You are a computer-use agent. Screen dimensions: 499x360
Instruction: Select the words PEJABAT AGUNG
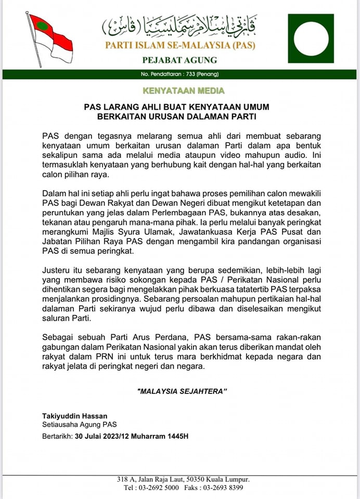[180, 60]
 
